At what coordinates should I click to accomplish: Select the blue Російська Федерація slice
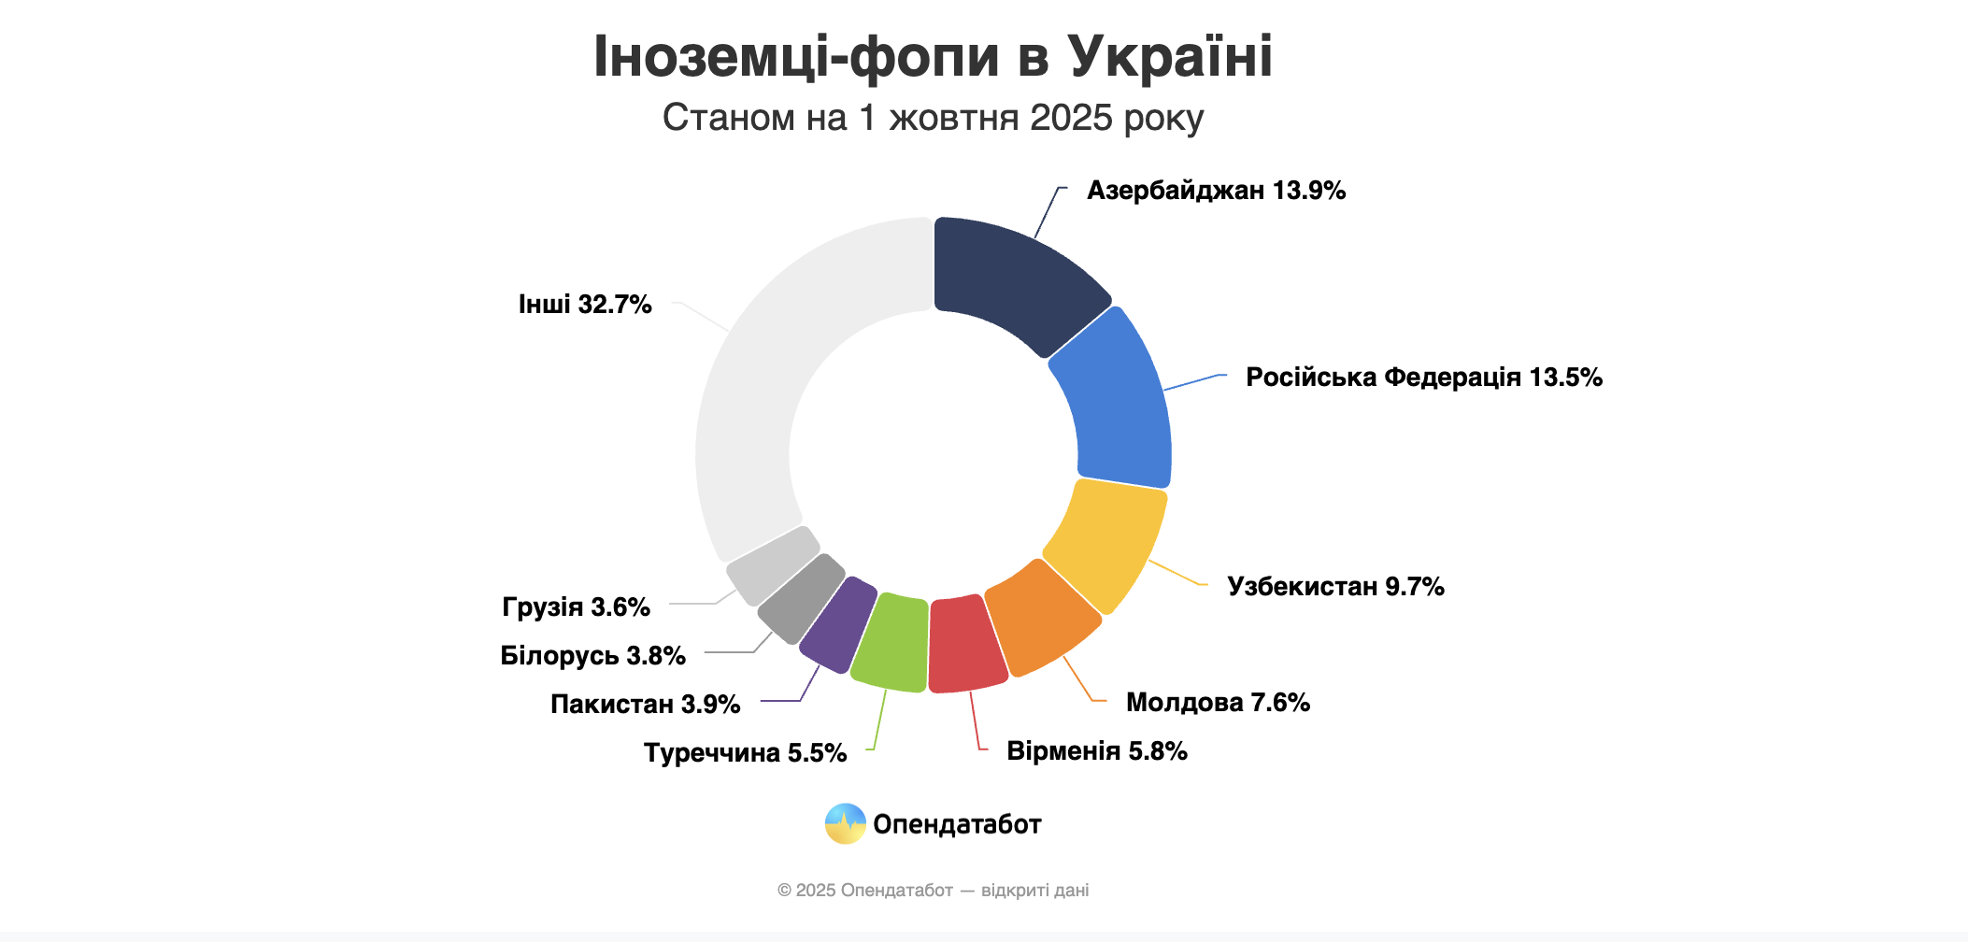click(1117, 402)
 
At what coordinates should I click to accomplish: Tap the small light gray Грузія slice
click(772, 564)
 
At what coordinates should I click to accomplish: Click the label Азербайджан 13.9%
click(1216, 191)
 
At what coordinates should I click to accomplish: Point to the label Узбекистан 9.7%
click(1335, 587)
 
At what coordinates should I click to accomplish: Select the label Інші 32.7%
click(585, 305)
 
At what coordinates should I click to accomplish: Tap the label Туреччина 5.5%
click(745, 753)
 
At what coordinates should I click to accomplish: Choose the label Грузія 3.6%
click(576, 607)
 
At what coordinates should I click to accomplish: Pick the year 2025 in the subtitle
click(1071, 119)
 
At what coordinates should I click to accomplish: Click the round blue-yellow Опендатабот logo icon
click(846, 824)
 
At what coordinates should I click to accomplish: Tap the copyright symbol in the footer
click(784, 891)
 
